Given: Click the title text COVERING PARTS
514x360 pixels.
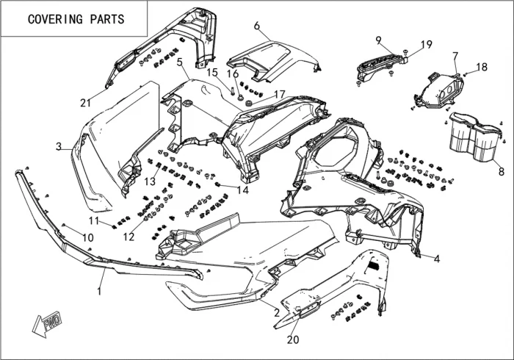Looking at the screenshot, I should tap(76, 19).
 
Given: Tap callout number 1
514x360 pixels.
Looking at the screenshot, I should tap(100, 291).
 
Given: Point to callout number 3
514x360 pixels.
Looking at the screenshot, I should tap(59, 147).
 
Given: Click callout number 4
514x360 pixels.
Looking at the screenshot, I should tap(436, 259).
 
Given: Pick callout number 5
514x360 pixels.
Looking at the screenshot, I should tap(179, 63).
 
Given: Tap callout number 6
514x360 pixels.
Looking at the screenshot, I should tap(257, 26).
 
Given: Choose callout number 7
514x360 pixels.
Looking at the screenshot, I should tap(455, 56).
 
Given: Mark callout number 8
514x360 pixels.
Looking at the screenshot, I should tap(501, 172).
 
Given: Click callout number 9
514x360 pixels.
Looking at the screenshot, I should tap(378, 40).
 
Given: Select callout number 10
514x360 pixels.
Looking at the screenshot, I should tap(87, 237).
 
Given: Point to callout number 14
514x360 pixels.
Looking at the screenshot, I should tap(242, 190).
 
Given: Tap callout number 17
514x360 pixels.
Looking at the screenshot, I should tap(279, 94).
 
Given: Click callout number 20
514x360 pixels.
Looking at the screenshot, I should tap(293, 339).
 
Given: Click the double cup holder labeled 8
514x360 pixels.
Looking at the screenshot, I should tap(474, 140).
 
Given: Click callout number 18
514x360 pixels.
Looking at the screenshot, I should tap(482, 67).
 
